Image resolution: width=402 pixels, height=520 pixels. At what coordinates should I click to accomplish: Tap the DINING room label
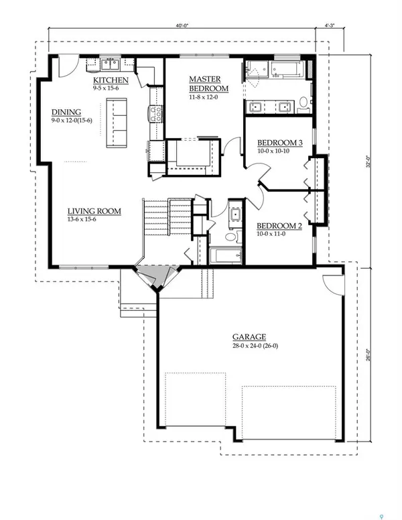coord(66,112)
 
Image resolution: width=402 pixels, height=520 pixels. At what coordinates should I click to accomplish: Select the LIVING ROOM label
coord(94,212)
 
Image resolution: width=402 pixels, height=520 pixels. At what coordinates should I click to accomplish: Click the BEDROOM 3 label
coord(280,143)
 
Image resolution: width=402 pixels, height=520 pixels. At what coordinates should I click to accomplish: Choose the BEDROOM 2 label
coord(279,226)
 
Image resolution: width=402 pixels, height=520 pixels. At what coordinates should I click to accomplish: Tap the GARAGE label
coord(249,337)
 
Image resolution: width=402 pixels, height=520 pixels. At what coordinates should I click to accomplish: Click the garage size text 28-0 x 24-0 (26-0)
coord(249,346)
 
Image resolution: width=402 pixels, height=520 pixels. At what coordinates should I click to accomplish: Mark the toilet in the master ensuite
coord(303,103)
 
